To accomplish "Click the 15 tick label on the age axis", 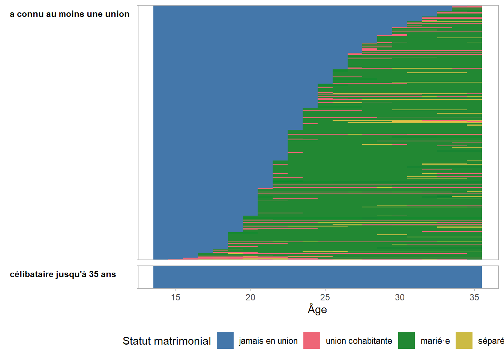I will click(175, 297).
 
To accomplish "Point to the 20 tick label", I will click(250, 297).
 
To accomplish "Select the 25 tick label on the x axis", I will click(325, 297).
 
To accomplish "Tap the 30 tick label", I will click(400, 297).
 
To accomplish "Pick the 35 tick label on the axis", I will click(474, 297).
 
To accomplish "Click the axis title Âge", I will click(317, 309).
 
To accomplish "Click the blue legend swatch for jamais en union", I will click(225, 340).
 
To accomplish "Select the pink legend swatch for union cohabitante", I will click(312, 340).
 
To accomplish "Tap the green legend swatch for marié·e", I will click(406, 340).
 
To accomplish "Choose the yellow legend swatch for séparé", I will click(464, 340).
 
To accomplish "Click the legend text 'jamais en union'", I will click(268, 341).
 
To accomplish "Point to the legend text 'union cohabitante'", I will click(359, 341).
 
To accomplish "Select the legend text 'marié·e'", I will click(435, 341).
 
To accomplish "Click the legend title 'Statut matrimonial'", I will click(166, 341).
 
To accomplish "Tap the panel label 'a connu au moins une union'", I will click(69, 14).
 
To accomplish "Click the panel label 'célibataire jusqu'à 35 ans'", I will click(63, 274).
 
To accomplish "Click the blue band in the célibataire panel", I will click(317, 277).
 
